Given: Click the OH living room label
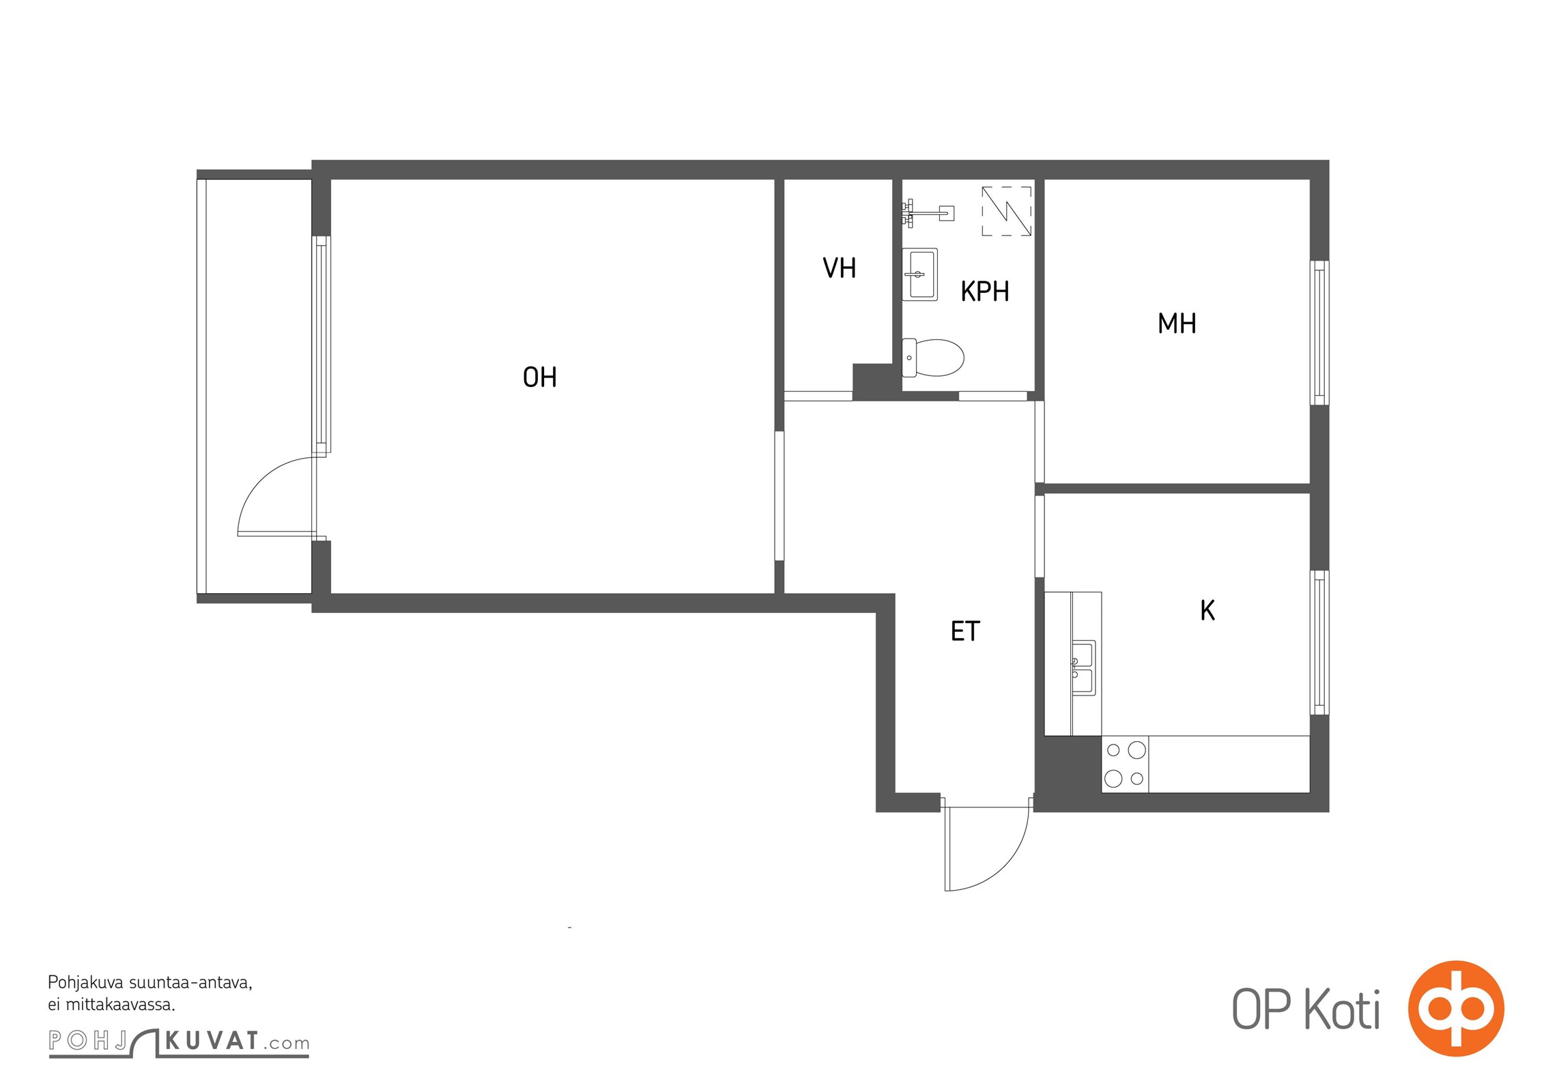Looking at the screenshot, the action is [x=539, y=377].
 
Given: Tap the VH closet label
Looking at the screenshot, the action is [x=839, y=268].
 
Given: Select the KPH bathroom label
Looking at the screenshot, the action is [x=984, y=291].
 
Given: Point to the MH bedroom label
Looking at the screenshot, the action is [x=1177, y=324].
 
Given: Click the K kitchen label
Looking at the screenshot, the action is [x=1207, y=610].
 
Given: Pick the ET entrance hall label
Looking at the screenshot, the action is [x=965, y=631].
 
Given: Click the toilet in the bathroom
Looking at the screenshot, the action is [x=933, y=358].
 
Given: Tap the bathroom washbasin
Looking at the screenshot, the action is [x=919, y=274].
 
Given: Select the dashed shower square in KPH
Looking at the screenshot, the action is [x=1006, y=211].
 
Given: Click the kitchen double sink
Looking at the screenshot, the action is [x=1083, y=667].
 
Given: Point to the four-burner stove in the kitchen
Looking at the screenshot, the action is [x=1125, y=764].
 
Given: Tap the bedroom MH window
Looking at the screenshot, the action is [x=1319, y=333].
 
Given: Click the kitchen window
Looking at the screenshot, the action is [x=1319, y=643].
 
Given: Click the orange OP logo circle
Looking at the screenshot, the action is [x=1456, y=1009].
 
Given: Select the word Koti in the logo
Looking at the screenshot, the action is [x=1342, y=1009].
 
